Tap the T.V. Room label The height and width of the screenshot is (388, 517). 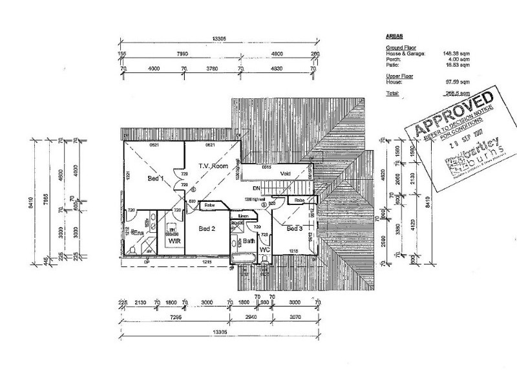click(213, 166)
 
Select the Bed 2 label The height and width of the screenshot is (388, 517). click(206, 228)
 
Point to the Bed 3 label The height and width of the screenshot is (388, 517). click(295, 229)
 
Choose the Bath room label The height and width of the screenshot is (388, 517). click(249, 241)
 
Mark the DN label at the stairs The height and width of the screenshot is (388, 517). click(256, 188)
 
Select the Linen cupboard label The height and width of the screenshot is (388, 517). click(244, 215)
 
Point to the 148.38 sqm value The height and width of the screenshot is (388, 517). click(452, 54)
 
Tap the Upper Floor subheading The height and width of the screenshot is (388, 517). click(399, 76)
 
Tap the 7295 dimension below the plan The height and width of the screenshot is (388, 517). click(176, 318)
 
